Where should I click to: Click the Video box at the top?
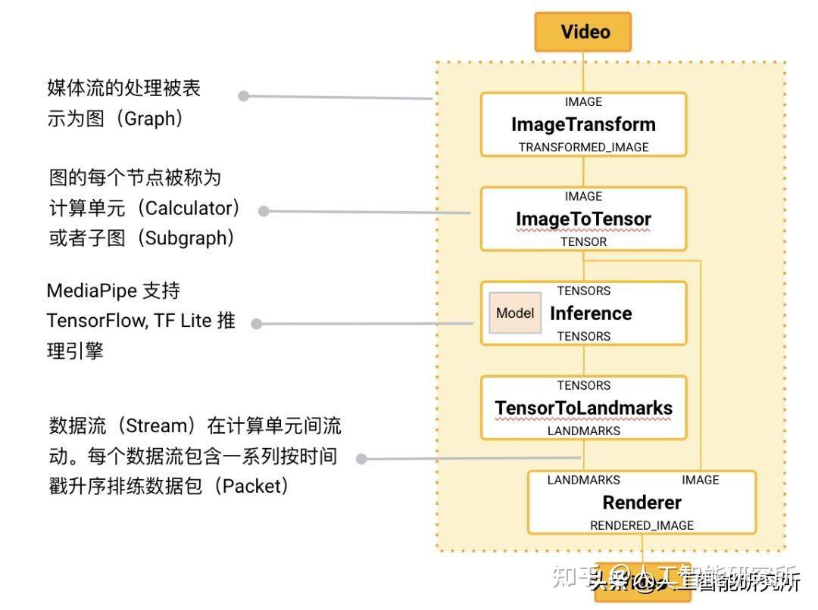(583, 32)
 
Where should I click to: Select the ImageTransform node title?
(583, 124)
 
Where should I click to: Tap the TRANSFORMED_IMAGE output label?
(583, 148)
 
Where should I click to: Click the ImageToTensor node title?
(583, 219)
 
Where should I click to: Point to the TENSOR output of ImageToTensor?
(583, 242)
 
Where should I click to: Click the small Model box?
(515, 313)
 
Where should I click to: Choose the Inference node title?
(591, 313)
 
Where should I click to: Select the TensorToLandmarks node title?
(583, 408)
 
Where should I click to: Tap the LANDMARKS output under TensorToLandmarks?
(583, 431)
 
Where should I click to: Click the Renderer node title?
(642, 503)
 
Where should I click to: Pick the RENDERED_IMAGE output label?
(642, 526)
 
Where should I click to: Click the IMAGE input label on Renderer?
(700, 480)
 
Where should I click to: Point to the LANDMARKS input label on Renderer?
(583, 480)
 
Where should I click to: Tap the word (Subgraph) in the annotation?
(185, 238)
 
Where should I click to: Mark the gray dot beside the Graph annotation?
(244, 96)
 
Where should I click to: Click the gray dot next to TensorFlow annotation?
(257, 324)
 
